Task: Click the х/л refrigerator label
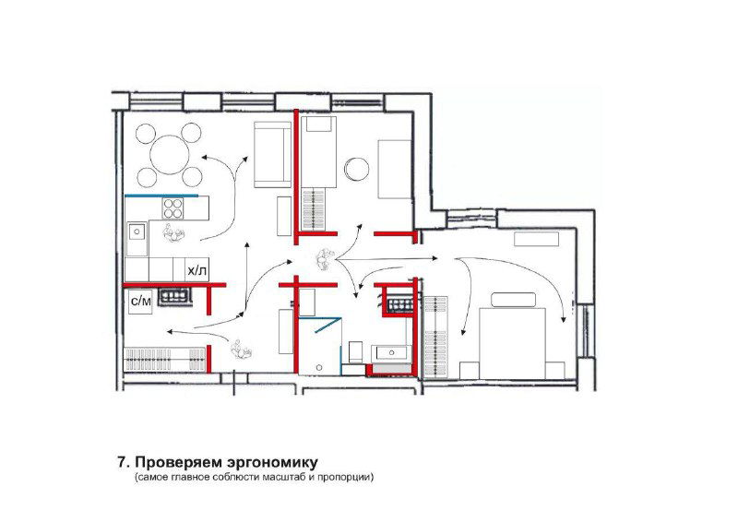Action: pyautogui.click(x=197, y=270)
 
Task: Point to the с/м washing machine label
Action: pyautogui.click(x=140, y=301)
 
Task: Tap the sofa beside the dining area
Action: pyautogui.click(x=270, y=153)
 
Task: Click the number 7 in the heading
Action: pyautogui.click(x=121, y=461)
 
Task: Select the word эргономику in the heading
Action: pyautogui.click(x=264, y=461)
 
